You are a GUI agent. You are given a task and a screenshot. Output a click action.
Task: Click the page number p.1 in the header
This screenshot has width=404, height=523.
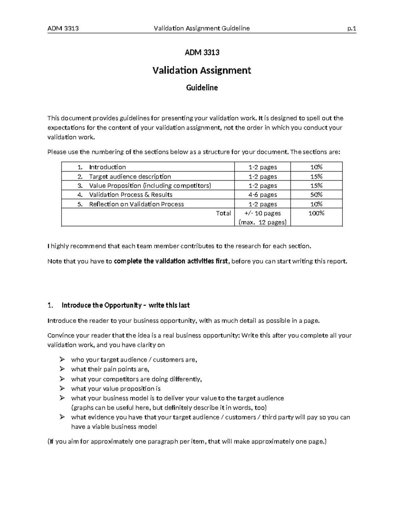coord(351,28)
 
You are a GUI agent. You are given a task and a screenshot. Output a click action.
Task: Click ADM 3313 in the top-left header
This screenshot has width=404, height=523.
coord(63,28)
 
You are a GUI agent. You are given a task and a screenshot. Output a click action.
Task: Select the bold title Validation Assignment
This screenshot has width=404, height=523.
coord(202,70)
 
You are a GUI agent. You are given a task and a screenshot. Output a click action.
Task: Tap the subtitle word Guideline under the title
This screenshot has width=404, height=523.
coord(202,88)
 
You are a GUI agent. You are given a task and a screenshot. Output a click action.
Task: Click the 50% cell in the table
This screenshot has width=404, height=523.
coord(316,195)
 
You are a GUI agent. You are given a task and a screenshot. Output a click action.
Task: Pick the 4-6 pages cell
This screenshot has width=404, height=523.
coord(263,195)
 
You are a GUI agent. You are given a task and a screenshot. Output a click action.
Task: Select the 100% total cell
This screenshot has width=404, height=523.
coord(316,213)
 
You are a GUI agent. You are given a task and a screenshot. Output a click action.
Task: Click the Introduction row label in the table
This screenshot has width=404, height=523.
coord(107,167)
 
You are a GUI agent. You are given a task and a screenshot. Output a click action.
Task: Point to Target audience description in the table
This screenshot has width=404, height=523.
coord(130,176)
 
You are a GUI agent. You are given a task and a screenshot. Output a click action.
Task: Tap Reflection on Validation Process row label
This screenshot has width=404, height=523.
coord(136,204)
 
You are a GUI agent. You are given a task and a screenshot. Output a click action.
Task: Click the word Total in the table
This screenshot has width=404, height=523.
coord(223,213)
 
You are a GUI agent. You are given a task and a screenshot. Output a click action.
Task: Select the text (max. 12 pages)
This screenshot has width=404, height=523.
coord(262,222)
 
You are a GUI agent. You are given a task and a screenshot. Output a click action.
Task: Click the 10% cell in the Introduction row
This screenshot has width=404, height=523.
coord(316,167)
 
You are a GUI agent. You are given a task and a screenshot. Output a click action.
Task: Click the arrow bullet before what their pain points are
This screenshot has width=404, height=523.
coord(62,369)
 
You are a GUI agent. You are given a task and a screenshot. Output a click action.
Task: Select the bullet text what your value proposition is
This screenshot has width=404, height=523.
coord(115,389)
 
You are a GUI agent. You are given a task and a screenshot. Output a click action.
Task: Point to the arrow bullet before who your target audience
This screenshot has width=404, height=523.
coord(62,359)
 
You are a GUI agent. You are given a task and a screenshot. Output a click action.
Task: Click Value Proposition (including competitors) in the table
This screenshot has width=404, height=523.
coord(150,186)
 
